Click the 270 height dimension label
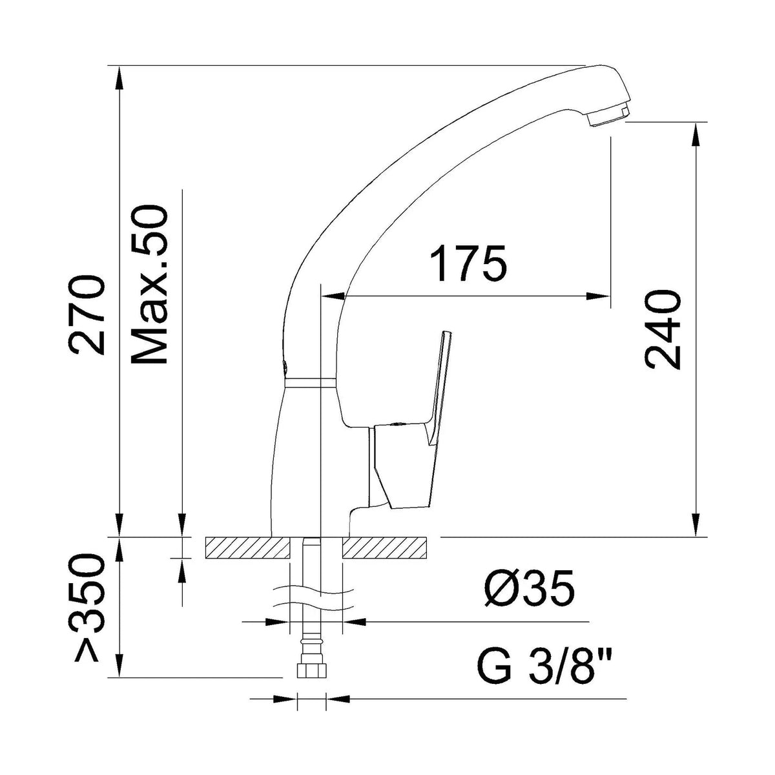click(87, 315)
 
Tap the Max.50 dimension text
click(149, 284)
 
